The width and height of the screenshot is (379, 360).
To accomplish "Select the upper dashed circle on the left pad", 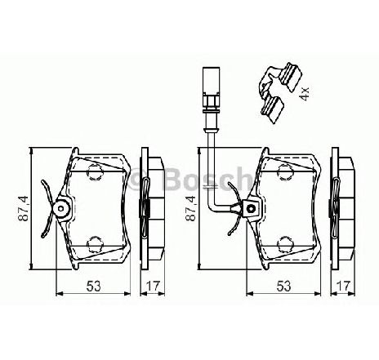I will [94, 171].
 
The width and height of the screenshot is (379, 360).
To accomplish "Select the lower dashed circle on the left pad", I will [94, 243].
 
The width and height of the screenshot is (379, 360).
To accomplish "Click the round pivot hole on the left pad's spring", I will [61, 209].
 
